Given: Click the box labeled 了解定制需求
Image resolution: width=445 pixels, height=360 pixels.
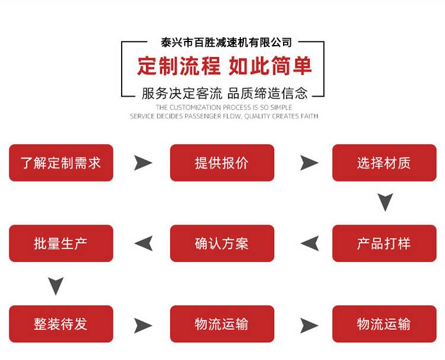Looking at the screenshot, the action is coord(61,163).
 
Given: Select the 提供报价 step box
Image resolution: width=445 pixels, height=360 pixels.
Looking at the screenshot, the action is coord(222,163).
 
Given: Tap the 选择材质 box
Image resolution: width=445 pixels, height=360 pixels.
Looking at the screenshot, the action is coord(384,163).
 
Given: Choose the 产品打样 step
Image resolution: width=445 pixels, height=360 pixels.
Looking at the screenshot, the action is coord(384,243).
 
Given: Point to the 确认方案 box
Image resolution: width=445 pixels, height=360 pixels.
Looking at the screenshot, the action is coord(222,243).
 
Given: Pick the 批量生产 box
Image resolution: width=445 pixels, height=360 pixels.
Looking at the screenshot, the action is coord(61,243).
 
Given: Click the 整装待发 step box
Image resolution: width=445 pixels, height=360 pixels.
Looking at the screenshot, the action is coord(61,324).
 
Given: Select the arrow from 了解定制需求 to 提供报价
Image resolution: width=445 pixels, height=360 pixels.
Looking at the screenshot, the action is coord(143,163).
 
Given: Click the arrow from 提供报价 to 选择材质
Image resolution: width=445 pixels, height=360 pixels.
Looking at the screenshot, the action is coord(309,163).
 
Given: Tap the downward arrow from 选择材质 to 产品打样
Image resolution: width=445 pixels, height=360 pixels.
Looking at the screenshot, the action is coord(385,202).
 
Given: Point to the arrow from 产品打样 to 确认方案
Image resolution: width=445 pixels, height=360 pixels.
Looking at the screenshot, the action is coord(310,243).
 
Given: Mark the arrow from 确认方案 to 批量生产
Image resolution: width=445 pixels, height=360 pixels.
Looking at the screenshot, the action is coord(144,243).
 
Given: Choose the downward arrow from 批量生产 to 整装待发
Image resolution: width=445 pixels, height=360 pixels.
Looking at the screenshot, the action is coord(56,286).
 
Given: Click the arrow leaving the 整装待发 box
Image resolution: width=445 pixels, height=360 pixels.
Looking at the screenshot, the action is coord(143,326).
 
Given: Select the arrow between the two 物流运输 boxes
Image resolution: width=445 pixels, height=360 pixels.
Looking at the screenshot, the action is coord(309,326).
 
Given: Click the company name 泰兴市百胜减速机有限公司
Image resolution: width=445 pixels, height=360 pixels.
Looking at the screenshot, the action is coord(226,43).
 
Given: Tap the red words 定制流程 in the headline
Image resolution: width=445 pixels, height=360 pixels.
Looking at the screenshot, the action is coord(179,66).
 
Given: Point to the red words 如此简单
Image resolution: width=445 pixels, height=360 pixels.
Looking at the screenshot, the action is coord(270,66).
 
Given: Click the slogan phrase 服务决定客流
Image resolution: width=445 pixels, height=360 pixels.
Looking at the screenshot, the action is coord(182,93).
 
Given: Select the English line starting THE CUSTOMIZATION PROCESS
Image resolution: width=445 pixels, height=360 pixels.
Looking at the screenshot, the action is coord(224,107).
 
